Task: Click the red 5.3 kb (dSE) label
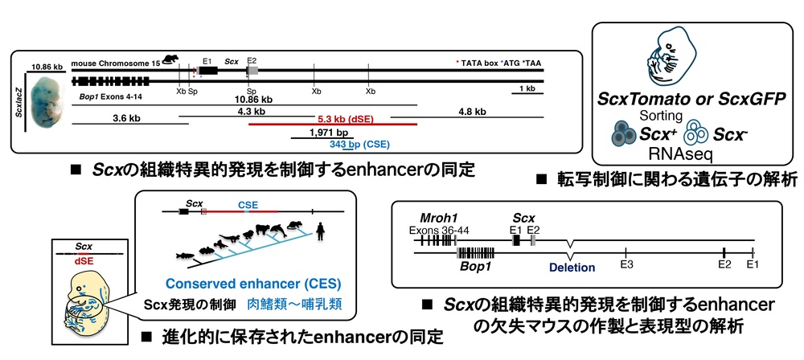(x=346, y=119)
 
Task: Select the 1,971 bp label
(x=322, y=133)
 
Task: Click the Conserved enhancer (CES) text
(x=253, y=284)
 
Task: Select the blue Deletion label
(x=572, y=267)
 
